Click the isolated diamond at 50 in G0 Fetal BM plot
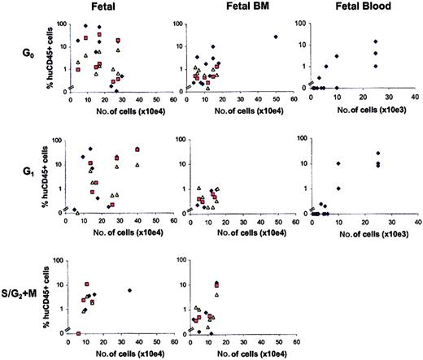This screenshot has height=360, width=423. click(x=277, y=37)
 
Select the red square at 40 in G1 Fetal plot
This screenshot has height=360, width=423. click(x=137, y=150)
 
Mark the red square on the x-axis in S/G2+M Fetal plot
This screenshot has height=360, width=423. click(x=78, y=333)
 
